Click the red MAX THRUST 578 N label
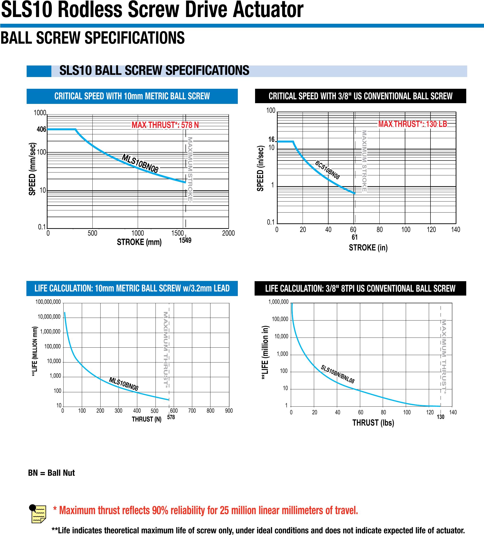coord(165,125)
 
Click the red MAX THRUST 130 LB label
coord(412,124)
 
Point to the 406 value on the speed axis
coord(42,130)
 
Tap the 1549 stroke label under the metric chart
coord(185,240)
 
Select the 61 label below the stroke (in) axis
coord(354,237)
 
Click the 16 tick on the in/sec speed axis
coord(271,139)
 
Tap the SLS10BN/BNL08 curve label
coord(337,374)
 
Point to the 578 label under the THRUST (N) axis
coord(171,417)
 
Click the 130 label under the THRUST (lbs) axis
coord(441,417)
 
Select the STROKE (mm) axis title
coord(139,242)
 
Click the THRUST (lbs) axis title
coord(373,422)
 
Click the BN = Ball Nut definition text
coord(52,473)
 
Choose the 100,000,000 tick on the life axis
coord(48,302)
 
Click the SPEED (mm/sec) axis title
coord(32,169)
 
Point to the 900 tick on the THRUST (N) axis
coord(229,410)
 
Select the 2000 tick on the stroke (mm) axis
coord(228,233)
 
